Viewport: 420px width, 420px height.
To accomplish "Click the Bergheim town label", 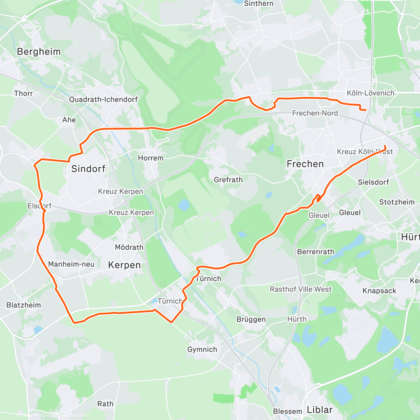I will tap(39, 52).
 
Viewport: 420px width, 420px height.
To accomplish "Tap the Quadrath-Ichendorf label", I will tap(103, 99).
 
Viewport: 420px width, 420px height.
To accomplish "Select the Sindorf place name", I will tap(88, 169).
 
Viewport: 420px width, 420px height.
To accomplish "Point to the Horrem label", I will tap(150, 158).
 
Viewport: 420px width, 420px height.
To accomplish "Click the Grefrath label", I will tap(228, 180).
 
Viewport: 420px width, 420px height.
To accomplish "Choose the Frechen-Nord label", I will tap(315, 113).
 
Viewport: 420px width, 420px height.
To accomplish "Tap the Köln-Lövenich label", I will tap(370, 93).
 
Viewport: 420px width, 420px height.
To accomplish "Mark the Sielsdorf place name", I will tap(373, 182).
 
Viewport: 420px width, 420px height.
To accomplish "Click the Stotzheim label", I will tap(397, 202).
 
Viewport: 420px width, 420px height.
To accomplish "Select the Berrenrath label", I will tap(315, 252).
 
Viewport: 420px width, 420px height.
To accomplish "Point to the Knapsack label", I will tap(379, 291).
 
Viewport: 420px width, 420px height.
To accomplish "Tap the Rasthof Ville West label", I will tap(300, 289).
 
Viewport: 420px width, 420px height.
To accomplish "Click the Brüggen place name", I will tap(251, 320).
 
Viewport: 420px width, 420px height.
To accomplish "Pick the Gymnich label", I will tap(202, 350).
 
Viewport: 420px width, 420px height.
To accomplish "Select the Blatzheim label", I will tap(23, 305).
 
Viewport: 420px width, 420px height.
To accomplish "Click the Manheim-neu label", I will tap(71, 264).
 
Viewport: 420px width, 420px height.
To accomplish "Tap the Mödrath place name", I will tap(129, 247).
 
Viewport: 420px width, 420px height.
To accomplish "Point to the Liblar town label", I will tap(320, 410).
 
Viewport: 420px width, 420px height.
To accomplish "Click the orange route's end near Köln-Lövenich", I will tap(366, 110).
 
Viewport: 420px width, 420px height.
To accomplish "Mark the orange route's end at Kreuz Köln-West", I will tap(385, 146).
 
